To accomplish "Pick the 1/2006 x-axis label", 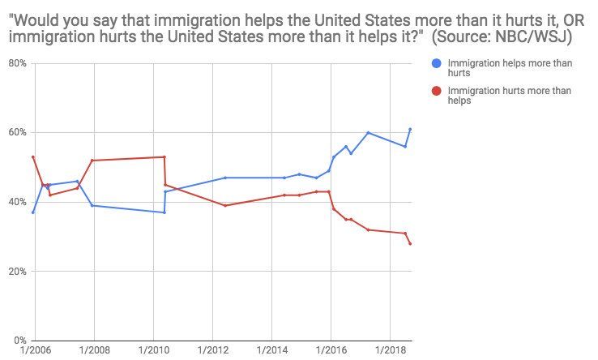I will tap(36, 351).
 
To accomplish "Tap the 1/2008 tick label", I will tap(94, 351).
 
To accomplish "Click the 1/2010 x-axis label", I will tap(153, 351).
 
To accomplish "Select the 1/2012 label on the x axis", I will tap(212, 351).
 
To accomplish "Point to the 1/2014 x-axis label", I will tap(271, 351).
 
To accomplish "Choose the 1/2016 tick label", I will tap(330, 351).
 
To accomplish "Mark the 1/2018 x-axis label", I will tap(389, 351).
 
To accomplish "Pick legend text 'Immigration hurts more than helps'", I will tap(509, 96).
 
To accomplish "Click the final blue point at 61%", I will tap(410, 129).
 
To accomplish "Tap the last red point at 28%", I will tap(410, 243).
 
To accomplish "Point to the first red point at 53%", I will tap(32, 156).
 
